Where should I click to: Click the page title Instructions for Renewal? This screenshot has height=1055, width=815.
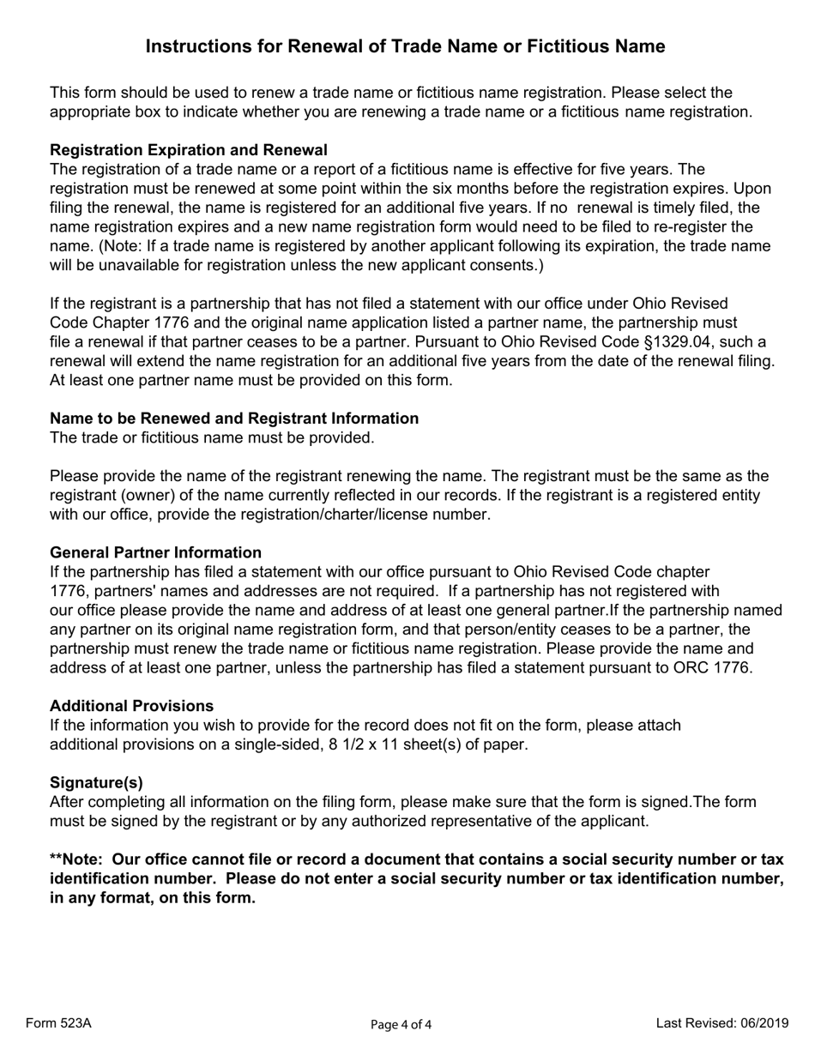pos(405,46)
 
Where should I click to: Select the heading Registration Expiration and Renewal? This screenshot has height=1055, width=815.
pos(188,150)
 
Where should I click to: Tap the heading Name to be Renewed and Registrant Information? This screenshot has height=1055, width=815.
pos(234,419)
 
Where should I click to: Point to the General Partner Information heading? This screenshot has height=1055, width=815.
pos(155,552)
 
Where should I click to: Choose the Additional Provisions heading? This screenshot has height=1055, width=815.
pos(131,706)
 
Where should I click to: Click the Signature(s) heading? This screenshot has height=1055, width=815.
pos(96,782)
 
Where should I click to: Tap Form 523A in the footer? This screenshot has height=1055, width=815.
pos(58,1023)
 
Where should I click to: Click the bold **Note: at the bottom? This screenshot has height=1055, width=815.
pos(79,859)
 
